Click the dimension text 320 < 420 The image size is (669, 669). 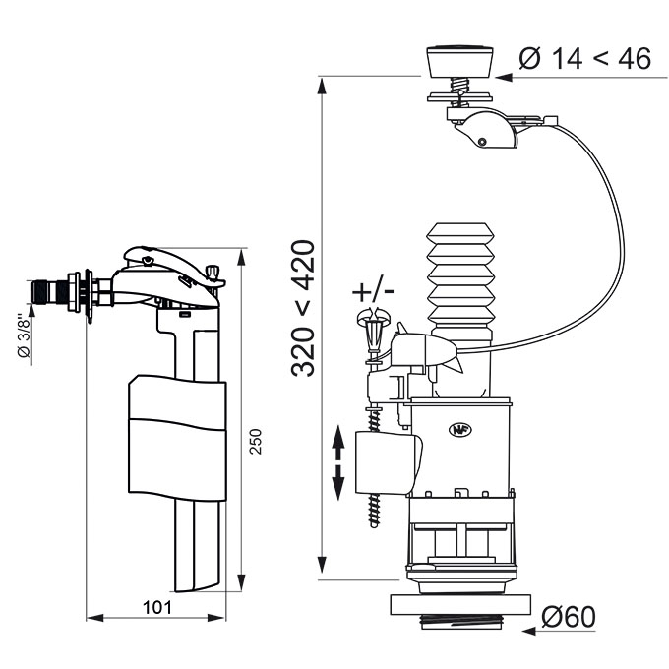[303, 309]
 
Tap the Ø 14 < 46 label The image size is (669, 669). [585, 58]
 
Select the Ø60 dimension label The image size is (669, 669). [569, 617]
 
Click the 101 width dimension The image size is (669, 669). [157, 608]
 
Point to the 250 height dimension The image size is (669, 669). [255, 441]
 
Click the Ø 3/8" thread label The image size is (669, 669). [24, 336]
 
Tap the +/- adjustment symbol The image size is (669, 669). [373, 292]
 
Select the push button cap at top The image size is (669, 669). [460, 61]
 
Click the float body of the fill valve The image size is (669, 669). [177, 438]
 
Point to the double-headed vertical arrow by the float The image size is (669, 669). [337, 462]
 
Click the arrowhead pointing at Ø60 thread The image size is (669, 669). [529, 631]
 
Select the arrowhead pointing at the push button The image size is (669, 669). [504, 77]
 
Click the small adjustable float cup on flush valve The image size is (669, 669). [389, 462]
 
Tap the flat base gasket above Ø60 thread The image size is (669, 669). [460, 605]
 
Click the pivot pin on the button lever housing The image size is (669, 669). [482, 141]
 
